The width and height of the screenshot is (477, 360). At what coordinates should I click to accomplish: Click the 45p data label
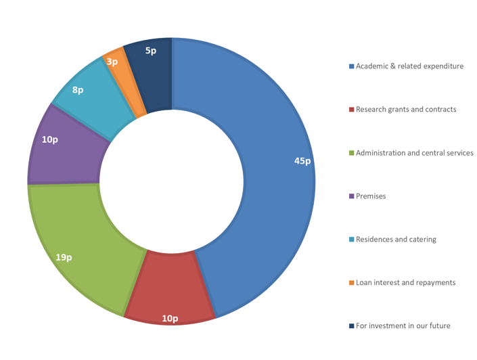[302, 161]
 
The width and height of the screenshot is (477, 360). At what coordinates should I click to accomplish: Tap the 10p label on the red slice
[170, 318]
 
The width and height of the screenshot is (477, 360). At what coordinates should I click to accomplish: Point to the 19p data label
[64, 257]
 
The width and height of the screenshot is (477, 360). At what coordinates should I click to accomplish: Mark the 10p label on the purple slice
[49, 139]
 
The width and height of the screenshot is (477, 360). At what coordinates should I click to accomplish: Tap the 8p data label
[78, 89]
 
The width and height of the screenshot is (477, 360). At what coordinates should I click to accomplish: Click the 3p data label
[112, 62]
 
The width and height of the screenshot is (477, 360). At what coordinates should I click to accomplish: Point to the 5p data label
[151, 50]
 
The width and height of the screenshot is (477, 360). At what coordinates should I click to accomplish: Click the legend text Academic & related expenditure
[409, 66]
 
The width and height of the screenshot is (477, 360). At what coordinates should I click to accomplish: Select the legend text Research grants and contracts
[406, 110]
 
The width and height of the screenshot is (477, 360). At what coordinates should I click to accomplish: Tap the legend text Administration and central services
[414, 153]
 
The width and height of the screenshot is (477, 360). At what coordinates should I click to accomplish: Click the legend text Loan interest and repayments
[405, 283]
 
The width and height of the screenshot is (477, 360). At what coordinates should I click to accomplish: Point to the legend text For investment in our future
[403, 326]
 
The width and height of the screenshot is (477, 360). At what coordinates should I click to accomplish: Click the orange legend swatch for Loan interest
[351, 283]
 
